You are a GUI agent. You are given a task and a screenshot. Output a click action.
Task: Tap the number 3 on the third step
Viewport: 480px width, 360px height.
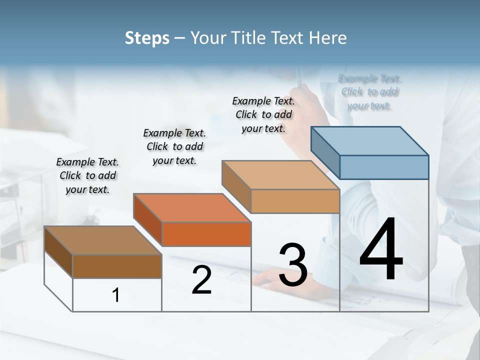[292, 265]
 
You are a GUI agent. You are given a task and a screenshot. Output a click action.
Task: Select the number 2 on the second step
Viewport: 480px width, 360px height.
[201, 280]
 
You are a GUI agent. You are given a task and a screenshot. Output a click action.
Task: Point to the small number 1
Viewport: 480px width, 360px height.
[115, 295]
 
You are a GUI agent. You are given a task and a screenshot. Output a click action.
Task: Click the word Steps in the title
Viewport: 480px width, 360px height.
[147, 38]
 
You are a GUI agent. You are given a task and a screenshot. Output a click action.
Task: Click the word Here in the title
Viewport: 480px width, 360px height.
[328, 38]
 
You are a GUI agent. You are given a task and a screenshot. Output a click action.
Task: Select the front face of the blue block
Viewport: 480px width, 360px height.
[384, 167]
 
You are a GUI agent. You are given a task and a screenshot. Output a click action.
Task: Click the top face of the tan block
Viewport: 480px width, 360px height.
[280, 175]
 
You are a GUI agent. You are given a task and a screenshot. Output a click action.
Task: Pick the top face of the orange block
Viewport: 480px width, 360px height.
[192, 207]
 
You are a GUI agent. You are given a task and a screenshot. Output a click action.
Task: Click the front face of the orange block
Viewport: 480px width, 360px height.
[206, 234]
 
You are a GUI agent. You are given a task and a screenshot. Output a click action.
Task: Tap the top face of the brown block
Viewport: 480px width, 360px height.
[102, 240]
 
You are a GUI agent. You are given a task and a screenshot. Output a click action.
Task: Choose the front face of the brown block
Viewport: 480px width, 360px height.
[117, 266]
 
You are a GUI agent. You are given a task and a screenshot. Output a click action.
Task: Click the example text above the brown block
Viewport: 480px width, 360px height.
[87, 175]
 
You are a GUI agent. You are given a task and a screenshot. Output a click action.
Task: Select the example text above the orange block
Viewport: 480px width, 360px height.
[174, 146]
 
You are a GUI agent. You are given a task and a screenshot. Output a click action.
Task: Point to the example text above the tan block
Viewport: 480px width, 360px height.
[263, 114]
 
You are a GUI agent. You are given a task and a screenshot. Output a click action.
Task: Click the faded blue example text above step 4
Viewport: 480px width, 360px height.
[369, 92]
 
